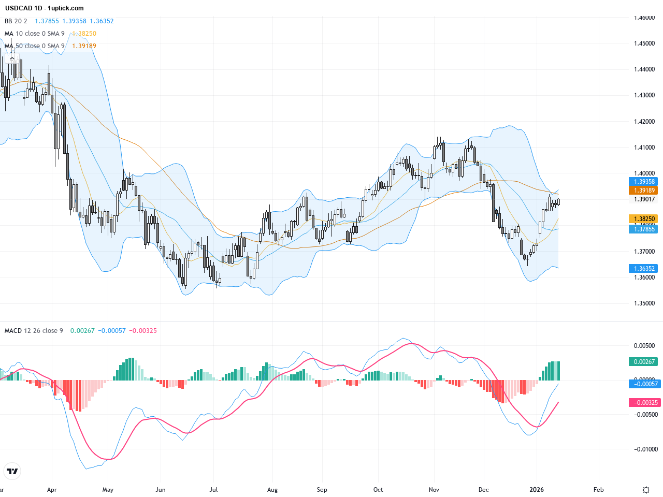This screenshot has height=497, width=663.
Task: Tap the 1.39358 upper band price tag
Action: point(643,182)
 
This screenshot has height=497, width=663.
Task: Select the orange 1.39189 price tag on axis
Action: point(643,191)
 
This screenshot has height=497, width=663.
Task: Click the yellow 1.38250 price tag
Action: point(643,219)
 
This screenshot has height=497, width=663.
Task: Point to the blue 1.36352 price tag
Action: point(643,269)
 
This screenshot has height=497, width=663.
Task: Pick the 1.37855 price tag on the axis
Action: point(643,229)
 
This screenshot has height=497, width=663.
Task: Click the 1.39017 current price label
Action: point(644,199)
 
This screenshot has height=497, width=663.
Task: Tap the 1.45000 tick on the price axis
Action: point(644,43)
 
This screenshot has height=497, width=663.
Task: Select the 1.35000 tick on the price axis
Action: point(644,303)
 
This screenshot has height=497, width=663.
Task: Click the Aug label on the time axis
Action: point(272,490)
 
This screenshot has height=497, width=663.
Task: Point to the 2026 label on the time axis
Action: point(537,490)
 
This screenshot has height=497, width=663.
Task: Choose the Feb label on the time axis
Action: point(598,490)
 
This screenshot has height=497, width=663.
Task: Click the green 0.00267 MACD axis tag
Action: point(643,362)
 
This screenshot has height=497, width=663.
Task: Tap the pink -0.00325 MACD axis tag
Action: point(643,403)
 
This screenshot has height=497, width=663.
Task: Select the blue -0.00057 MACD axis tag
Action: point(643,384)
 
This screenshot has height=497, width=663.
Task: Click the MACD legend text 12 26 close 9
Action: point(44,331)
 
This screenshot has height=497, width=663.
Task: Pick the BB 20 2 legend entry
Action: point(16,21)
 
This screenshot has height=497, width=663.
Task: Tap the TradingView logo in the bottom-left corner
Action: point(12,471)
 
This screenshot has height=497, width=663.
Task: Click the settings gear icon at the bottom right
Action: point(646,490)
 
